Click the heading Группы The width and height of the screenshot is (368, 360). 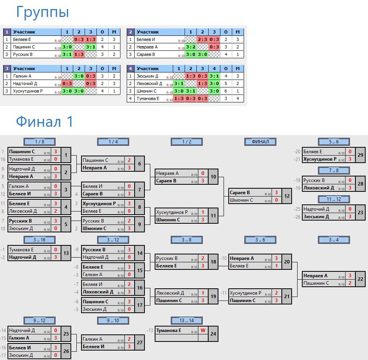[x=43, y=12]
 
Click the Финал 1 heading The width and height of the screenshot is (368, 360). [x=44, y=122]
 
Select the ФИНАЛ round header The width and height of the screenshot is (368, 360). [x=260, y=142]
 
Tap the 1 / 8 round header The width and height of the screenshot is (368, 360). [x=39, y=142]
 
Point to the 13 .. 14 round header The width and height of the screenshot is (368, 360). [x=187, y=321]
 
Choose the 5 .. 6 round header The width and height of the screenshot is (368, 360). [x=334, y=142]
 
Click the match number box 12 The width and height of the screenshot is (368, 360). [x=287, y=196]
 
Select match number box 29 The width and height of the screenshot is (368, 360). [x=361, y=155]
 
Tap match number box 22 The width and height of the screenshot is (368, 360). [x=361, y=279]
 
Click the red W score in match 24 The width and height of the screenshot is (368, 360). [x=203, y=330]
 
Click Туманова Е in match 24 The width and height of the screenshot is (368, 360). [x=168, y=330]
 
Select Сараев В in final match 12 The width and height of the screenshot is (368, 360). [x=240, y=193]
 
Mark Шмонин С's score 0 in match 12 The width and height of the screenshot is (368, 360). [x=276, y=200]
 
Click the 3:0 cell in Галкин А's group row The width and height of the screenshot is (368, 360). [x=79, y=76]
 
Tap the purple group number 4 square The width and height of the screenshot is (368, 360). [x=131, y=69]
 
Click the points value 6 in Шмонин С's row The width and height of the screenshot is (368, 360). [x=226, y=91]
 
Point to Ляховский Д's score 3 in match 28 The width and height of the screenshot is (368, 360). [x=350, y=188]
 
